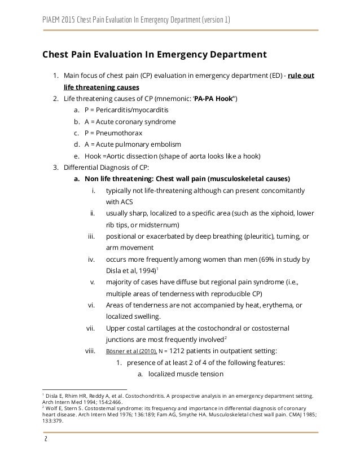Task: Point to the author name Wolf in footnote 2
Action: click(x=52, y=409)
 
